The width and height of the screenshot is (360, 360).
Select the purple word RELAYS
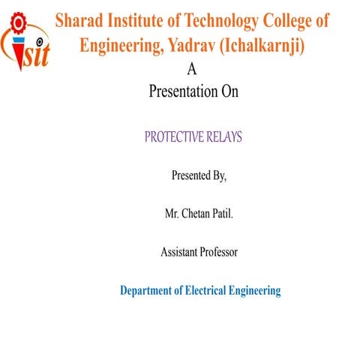[234, 139]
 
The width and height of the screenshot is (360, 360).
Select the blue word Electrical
[210, 290]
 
